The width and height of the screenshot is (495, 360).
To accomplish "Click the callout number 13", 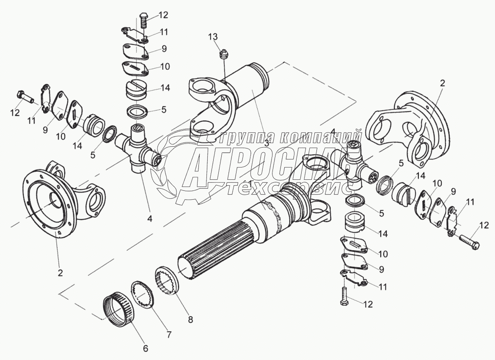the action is coord(213,36).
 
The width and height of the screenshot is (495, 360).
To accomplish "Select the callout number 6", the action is coord(146,348).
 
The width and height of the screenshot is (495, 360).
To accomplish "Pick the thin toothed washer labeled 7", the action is coord(143,293).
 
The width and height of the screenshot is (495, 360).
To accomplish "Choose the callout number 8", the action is coord(190,319).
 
